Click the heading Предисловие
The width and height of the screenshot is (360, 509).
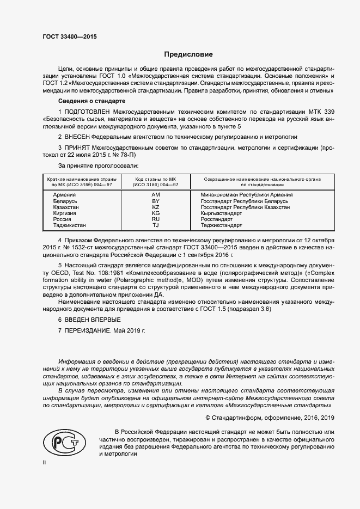(188, 54)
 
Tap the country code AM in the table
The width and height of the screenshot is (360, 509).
(155, 194)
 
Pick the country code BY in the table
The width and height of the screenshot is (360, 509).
(155, 201)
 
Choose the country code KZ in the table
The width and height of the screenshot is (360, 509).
(155, 207)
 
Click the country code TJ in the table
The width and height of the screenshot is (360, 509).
(155, 225)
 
